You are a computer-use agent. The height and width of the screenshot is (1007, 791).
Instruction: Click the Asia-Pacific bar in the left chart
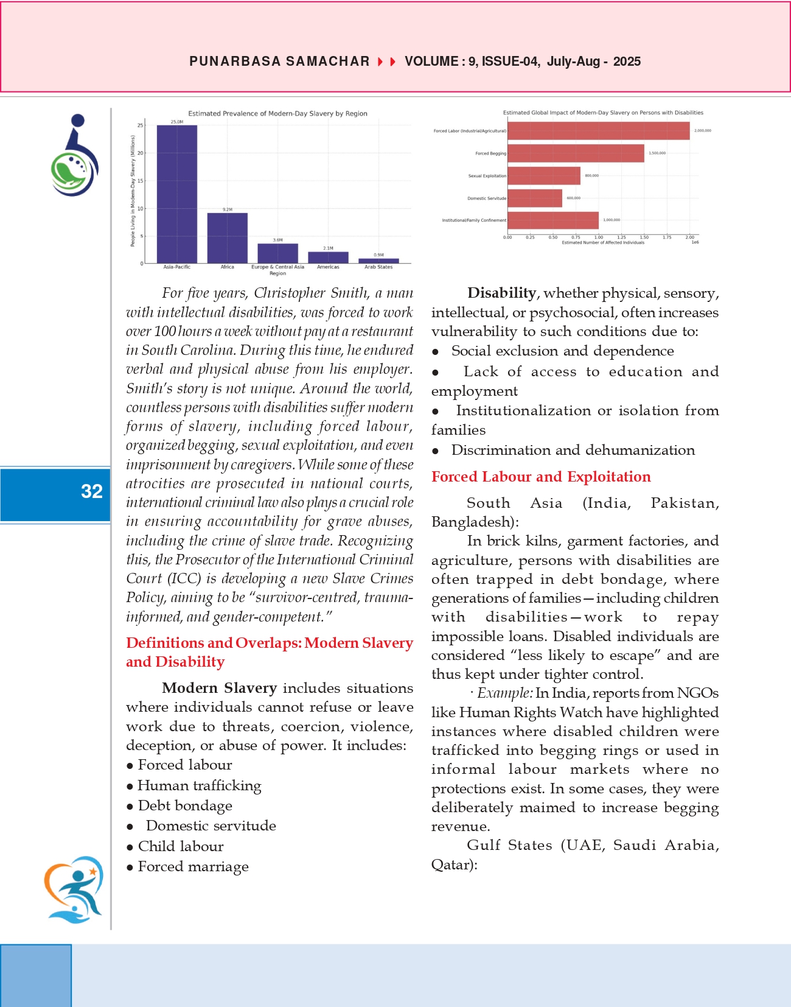tap(177, 194)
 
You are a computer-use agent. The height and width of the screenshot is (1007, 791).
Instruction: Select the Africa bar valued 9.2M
tap(228, 238)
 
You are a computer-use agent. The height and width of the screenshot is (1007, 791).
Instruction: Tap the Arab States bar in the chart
tap(378, 261)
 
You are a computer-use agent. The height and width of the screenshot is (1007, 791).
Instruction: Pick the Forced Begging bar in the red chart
tap(576, 153)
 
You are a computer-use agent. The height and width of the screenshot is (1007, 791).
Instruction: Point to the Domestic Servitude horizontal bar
tap(535, 198)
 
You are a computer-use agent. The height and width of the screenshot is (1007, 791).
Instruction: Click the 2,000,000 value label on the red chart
tap(703, 131)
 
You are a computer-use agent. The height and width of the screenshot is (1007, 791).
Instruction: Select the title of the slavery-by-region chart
tap(277, 114)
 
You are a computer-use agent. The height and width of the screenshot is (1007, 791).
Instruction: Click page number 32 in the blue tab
tap(92, 491)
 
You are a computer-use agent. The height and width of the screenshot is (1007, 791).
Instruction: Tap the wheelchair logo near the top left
tap(75, 155)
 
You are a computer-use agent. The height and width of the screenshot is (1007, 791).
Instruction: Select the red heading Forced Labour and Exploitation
tap(541, 477)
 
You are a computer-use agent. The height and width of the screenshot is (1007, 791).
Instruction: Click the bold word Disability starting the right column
tap(501, 293)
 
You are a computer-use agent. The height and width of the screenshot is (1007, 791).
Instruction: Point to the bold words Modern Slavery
tap(219, 688)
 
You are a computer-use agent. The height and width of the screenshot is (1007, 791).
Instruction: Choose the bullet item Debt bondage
tap(185, 805)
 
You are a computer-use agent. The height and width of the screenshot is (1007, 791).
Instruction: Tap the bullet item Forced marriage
tap(193, 866)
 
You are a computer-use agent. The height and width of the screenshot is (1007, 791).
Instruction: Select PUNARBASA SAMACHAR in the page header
tap(279, 61)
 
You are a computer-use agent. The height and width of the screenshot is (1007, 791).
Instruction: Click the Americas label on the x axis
tap(328, 267)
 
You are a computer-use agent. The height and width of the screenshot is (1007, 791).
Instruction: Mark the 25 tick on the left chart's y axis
tap(141, 125)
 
